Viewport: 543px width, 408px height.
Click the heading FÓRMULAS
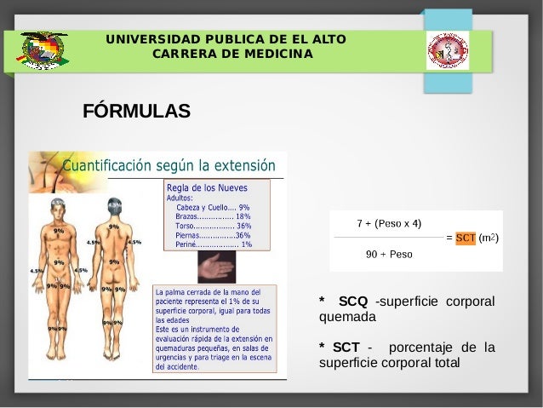pos(136,112)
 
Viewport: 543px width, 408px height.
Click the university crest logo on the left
pos(44,50)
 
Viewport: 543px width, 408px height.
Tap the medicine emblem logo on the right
pos(447,50)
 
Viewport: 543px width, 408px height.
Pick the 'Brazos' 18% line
pos(213,216)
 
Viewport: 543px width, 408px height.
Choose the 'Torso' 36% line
pos(213,226)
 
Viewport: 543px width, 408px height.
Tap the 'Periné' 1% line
pos(213,244)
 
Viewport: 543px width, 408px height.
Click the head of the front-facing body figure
pos(58,207)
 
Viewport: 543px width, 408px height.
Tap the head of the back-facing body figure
pos(114,207)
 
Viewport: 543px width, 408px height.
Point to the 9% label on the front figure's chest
pos(59,231)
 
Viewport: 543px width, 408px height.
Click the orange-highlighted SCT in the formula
pos(465,238)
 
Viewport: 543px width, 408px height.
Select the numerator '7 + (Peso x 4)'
pos(389,224)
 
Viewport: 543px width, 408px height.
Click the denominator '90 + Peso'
pos(389,254)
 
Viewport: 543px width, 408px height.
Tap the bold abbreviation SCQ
pos(353,301)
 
